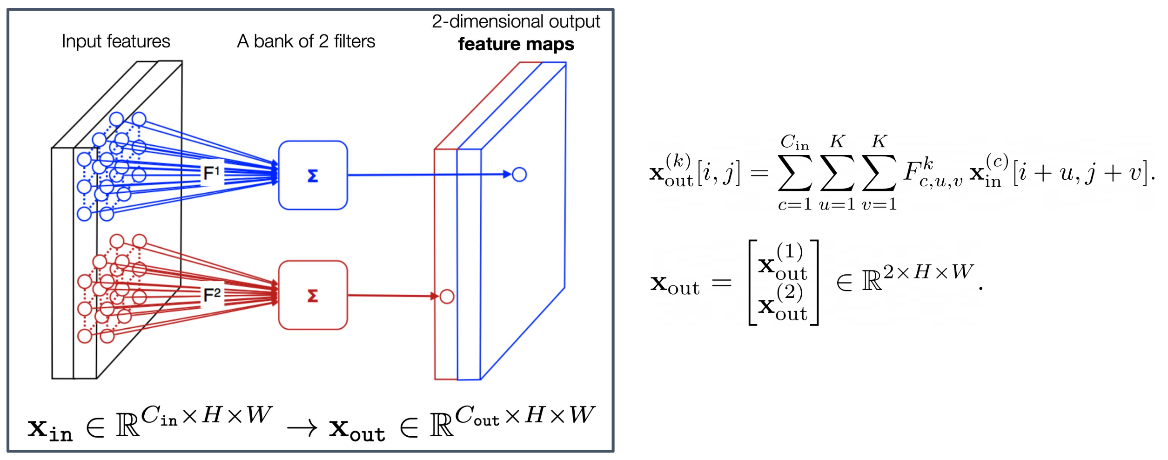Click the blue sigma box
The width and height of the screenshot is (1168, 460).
(313, 176)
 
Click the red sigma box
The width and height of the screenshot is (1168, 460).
(313, 296)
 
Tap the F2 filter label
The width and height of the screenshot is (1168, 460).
(212, 295)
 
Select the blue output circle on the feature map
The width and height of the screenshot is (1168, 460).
(519, 175)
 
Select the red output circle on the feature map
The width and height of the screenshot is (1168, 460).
(447, 297)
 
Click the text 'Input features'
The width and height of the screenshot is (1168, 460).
(116, 41)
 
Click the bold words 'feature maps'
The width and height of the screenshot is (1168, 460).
(516, 44)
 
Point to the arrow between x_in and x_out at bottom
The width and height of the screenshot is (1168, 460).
(302, 428)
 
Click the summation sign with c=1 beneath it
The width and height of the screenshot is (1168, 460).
(795, 173)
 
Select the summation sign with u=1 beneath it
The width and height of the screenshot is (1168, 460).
(837, 173)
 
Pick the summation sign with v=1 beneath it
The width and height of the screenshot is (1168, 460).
(879, 173)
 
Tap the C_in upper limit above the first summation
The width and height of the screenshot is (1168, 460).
(795, 142)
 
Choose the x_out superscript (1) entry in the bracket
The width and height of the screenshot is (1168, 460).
(783, 263)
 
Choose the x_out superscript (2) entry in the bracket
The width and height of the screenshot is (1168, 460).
(783, 304)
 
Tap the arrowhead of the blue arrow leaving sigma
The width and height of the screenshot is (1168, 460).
(508, 175)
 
